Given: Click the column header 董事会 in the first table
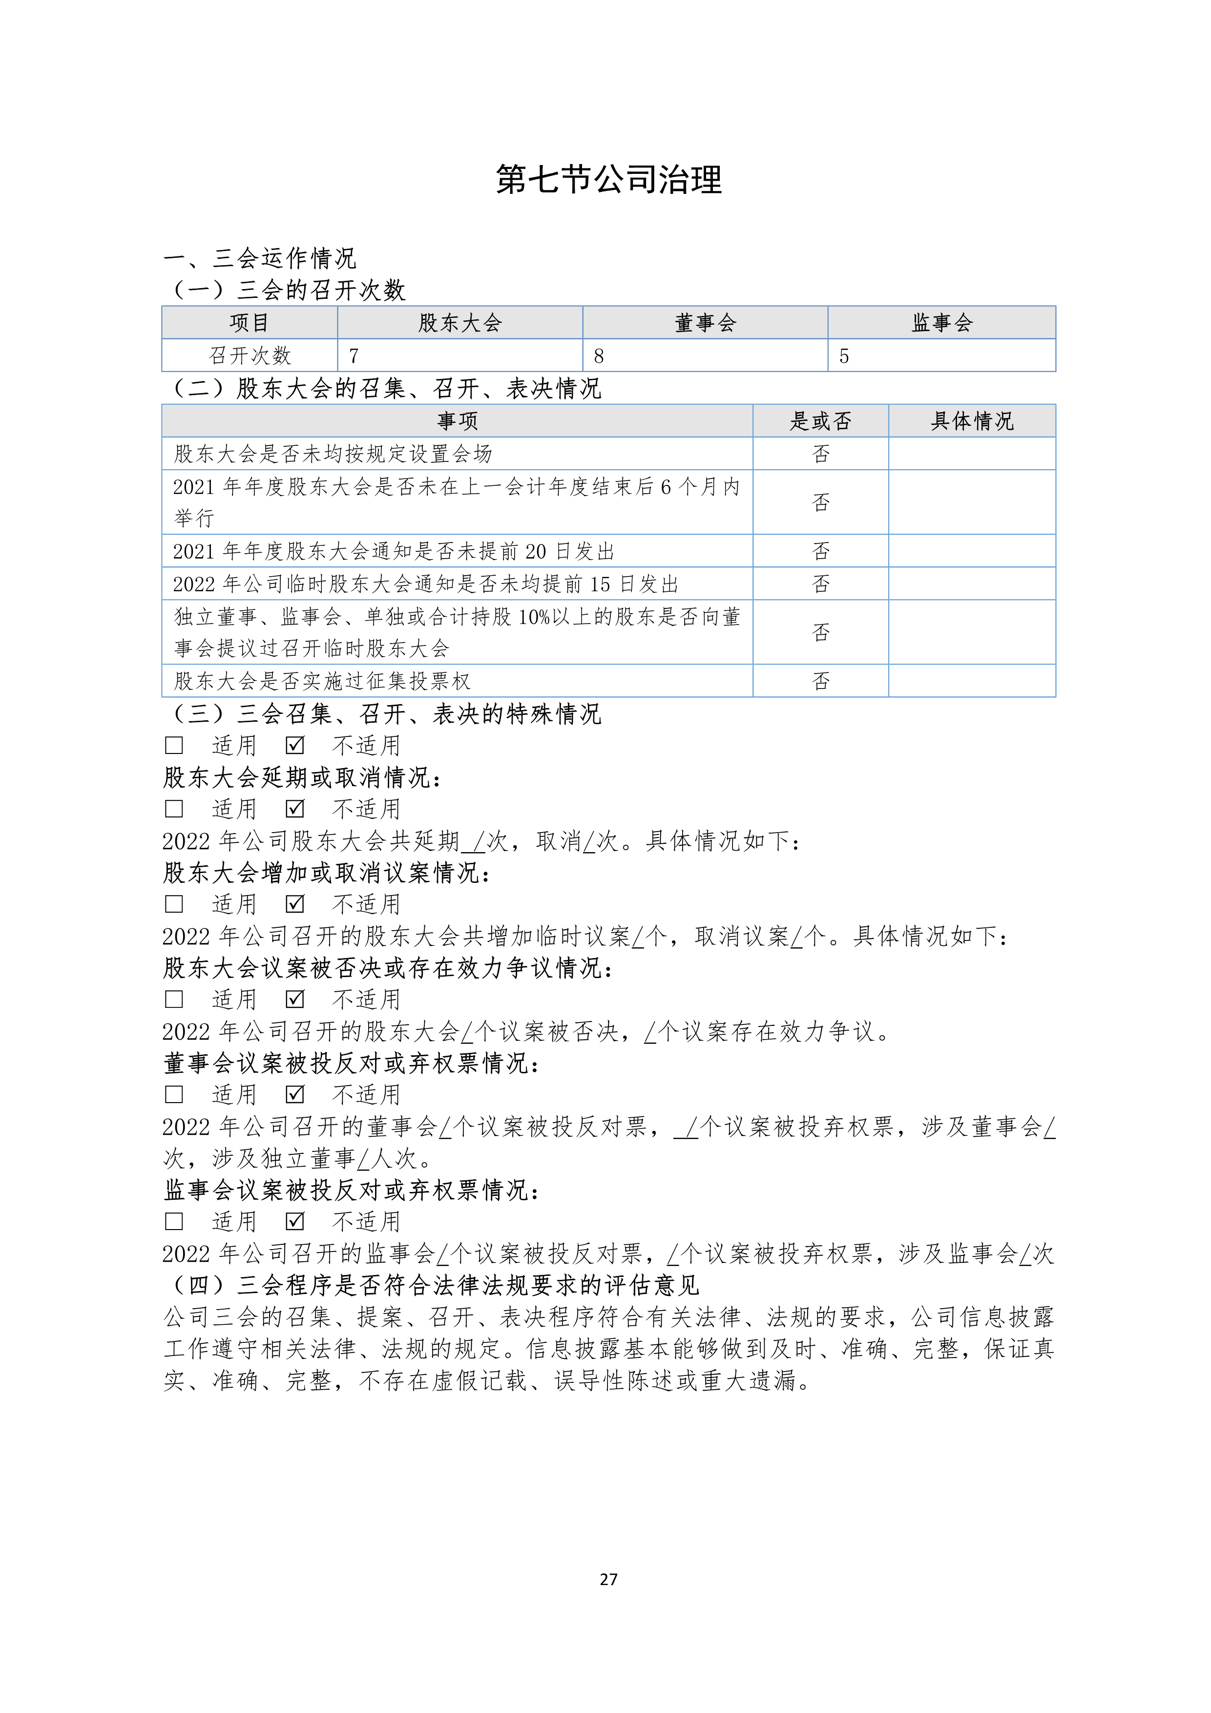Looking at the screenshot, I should (x=705, y=323).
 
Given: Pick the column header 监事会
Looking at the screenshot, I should (x=941, y=323).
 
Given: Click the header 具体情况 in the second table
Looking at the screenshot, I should (x=972, y=421).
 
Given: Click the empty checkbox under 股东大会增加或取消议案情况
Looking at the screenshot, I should (x=174, y=904).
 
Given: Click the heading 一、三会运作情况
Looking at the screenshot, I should (x=260, y=258).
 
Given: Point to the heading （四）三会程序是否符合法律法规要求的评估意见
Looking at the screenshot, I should (x=431, y=1285).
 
